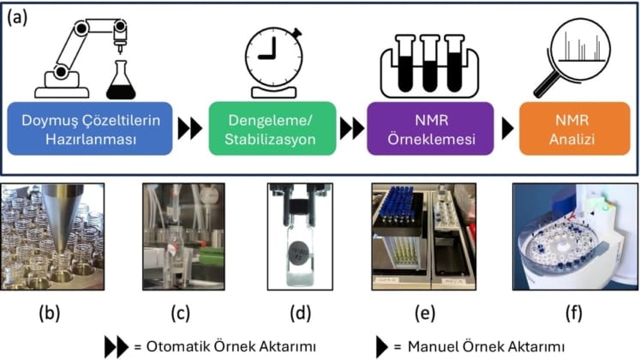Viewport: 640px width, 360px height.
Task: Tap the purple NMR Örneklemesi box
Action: pyautogui.click(x=428, y=129)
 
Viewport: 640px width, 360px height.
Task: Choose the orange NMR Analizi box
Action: pyautogui.click(x=571, y=129)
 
